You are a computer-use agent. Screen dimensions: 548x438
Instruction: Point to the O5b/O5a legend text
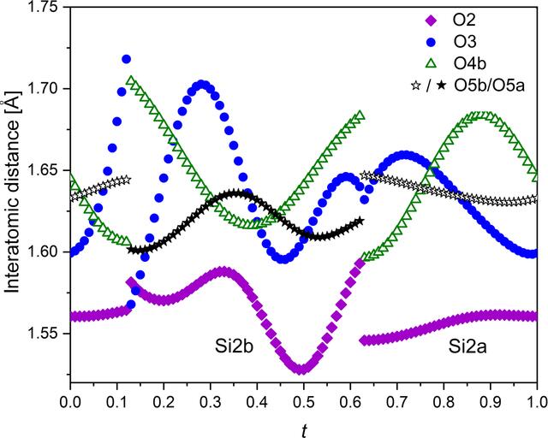(x=489, y=86)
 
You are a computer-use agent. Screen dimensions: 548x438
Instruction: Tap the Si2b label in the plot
(x=234, y=346)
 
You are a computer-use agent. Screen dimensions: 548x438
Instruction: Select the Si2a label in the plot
(x=468, y=346)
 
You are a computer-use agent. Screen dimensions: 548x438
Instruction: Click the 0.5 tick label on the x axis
(x=304, y=402)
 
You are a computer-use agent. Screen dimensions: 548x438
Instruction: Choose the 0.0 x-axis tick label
(x=70, y=402)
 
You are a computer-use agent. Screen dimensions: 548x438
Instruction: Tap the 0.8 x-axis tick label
(x=444, y=402)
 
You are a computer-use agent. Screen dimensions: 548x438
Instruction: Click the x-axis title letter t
(x=304, y=430)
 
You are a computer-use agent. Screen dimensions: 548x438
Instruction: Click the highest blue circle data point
(x=126, y=59)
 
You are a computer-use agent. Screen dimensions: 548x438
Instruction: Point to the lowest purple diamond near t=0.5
(x=302, y=370)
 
